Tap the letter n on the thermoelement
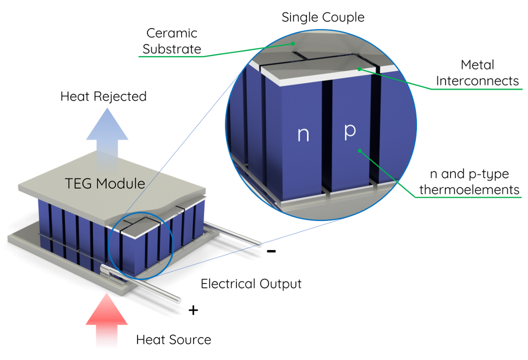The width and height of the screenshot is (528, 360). click(x=303, y=135)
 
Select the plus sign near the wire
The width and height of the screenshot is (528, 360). click(x=193, y=311)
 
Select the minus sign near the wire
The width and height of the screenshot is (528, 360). click(x=271, y=252)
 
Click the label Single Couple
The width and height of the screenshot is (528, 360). click(x=323, y=17)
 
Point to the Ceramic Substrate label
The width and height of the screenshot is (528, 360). click(x=172, y=41)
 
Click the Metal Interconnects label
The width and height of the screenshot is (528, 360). click(x=477, y=73)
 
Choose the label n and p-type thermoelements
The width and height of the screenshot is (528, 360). click(x=469, y=182)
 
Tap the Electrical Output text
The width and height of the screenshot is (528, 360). click(x=251, y=284)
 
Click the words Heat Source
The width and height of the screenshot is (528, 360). click(x=173, y=340)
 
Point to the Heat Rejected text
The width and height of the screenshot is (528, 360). click(x=103, y=97)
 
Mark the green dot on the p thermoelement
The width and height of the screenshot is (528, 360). click(x=359, y=149)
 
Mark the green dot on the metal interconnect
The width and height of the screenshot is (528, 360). click(x=359, y=69)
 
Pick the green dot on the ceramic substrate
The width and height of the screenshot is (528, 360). click(x=294, y=43)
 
